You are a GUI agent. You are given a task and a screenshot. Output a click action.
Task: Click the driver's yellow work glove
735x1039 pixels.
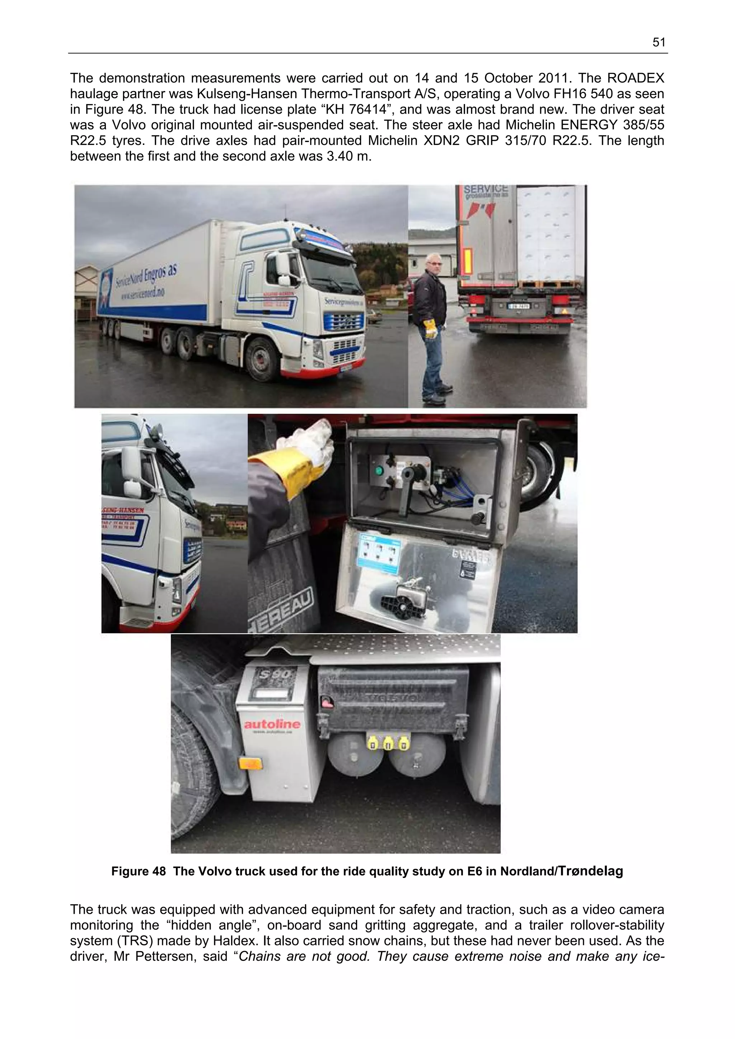tap(430, 328)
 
